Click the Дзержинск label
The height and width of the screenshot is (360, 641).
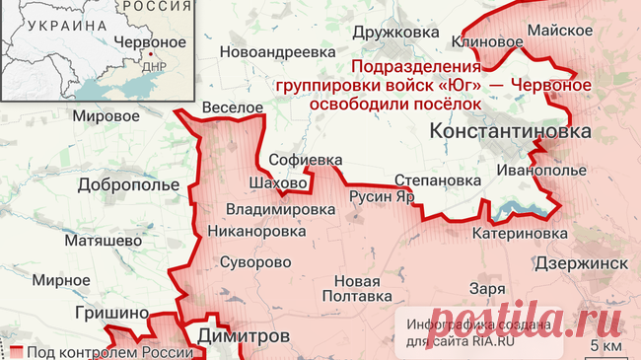click(x=582, y=262)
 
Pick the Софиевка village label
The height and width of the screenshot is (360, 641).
click(x=306, y=159)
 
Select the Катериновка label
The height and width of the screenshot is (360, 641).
click(x=520, y=234)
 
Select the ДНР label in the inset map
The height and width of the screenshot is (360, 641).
click(x=154, y=67)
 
